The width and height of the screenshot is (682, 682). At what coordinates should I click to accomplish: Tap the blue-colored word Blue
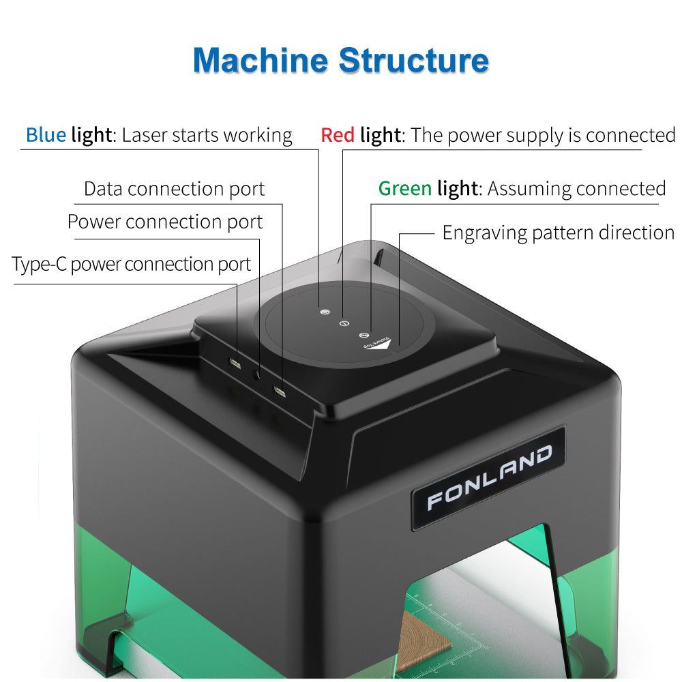click(46, 135)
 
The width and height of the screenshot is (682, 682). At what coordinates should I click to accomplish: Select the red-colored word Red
click(338, 135)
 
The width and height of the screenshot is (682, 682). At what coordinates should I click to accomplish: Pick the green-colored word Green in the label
click(405, 188)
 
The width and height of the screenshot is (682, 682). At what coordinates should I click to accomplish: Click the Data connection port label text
click(174, 189)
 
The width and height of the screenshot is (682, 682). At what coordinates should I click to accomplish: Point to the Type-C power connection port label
click(131, 264)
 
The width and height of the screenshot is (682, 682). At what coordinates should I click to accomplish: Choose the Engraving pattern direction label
click(558, 233)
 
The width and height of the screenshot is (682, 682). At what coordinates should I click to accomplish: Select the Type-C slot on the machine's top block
click(235, 361)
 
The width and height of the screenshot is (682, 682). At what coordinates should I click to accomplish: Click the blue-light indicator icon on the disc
click(325, 311)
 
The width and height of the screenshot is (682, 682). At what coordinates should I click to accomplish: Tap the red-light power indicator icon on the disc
click(344, 323)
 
